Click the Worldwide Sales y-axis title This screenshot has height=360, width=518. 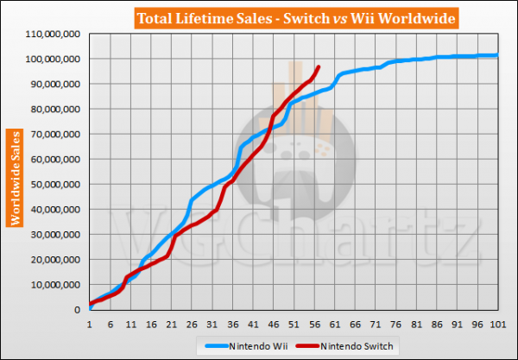[16, 178]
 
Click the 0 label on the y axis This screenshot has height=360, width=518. [78, 309]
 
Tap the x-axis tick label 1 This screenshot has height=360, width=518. [89, 325]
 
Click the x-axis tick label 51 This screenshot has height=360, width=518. [294, 325]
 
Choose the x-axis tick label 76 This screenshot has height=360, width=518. [395, 325]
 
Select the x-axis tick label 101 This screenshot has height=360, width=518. [497, 325]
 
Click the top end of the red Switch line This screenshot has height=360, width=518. [319, 66]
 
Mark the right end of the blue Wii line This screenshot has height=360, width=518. [497, 55]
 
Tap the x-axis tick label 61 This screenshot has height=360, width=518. [334, 325]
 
